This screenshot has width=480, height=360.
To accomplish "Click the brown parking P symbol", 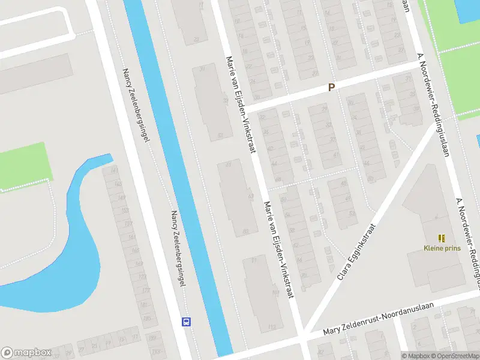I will click(331, 88).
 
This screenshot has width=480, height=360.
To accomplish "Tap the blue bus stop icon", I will click(186, 322).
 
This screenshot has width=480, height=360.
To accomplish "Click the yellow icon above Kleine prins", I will click(442, 238).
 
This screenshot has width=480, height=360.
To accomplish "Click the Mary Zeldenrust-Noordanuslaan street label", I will click(377, 319).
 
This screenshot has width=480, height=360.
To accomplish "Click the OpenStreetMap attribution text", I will click(455, 356).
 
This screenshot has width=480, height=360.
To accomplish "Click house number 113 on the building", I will click(272, 327).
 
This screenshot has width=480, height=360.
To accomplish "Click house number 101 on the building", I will click(275, 293).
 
